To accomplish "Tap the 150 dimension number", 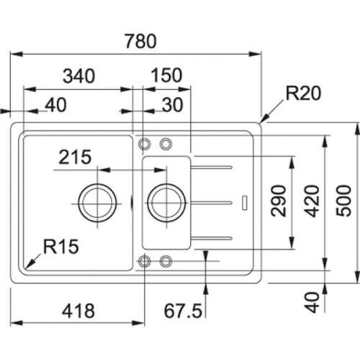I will [x=166, y=76].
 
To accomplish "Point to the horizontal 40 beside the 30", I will [x=55, y=105].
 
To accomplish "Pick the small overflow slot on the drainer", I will [x=246, y=202].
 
